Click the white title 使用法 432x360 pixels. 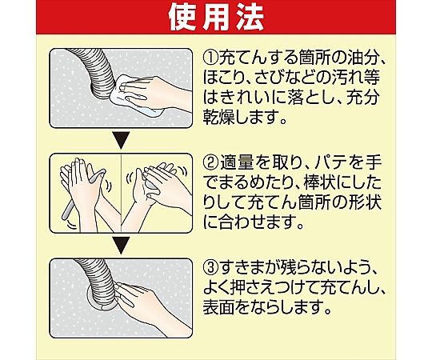click(x=216, y=18)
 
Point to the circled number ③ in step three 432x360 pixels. click(x=210, y=268)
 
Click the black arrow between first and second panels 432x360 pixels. click(x=122, y=140)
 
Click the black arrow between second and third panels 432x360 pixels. click(x=122, y=245)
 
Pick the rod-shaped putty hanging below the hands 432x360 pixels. click(x=67, y=210)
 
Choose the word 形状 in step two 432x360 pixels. click(x=366, y=203)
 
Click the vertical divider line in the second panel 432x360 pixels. click(x=122, y=193)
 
